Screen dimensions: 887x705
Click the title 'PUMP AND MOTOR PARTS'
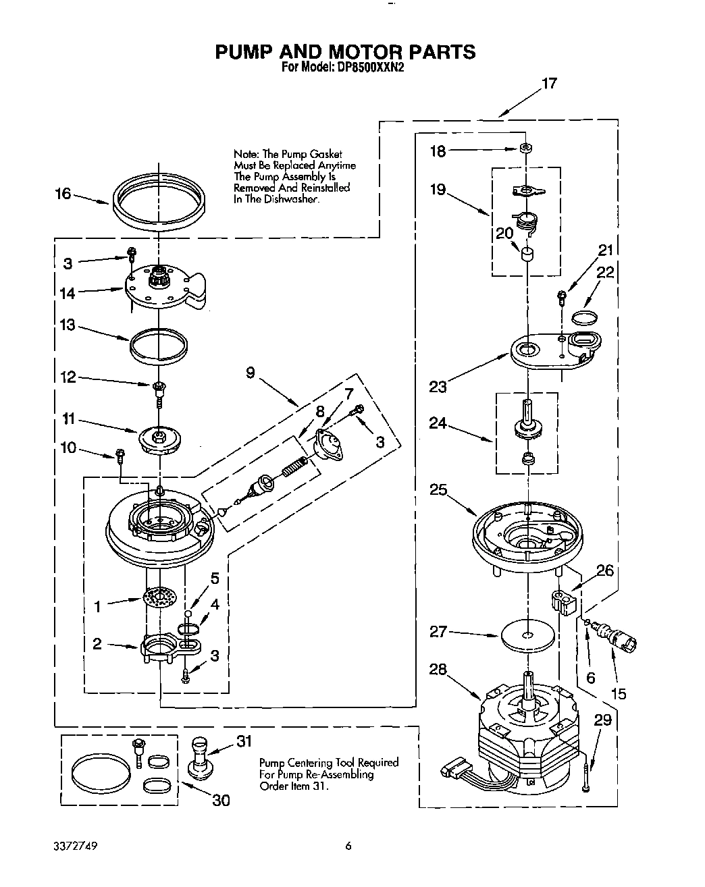click(x=345, y=52)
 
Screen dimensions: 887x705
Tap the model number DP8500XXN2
click(x=370, y=68)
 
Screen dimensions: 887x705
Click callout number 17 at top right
click(x=549, y=84)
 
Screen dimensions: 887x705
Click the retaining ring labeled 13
click(x=158, y=344)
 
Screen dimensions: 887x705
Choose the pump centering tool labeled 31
click(x=200, y=758)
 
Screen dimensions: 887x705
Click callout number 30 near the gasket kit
click(x=221, y=800)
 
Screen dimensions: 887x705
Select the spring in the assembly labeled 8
click(x=294, y=466)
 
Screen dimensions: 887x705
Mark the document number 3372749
click(x=76, y=845)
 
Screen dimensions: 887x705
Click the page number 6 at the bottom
click(x=348, y=845)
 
